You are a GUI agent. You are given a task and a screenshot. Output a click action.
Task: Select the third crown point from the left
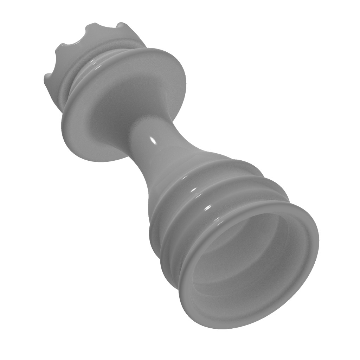[x=88, y=27]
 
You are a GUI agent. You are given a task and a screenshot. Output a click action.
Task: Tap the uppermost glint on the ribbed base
[x=193, y=190]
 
